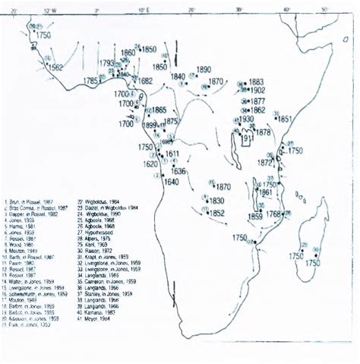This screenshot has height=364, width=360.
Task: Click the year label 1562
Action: (55, 67)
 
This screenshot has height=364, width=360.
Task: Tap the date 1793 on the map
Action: (106, 63)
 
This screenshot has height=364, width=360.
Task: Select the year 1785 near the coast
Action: (93, 81)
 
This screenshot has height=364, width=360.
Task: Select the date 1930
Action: (246, 120)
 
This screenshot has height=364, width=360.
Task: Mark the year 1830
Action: (216, 201)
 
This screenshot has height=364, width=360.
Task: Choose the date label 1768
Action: (273, 214)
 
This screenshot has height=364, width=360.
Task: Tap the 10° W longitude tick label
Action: (50, 11)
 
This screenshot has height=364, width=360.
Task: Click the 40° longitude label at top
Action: (286, 10)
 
